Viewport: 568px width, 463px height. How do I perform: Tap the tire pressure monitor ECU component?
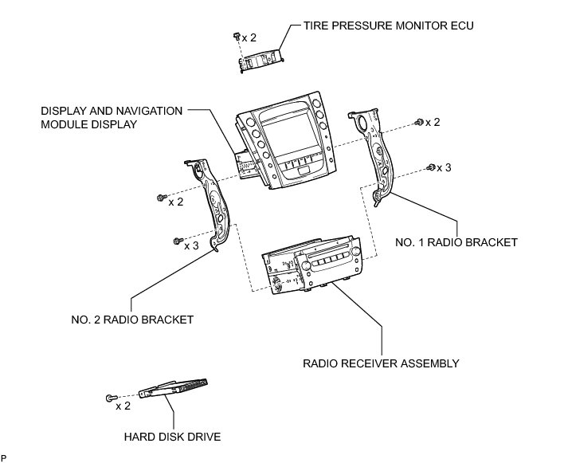[x=264, y=58]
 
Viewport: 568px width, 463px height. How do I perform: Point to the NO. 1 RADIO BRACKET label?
[x=456, y=241]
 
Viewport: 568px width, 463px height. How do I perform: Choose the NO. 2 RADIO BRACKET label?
[x=132, y=320]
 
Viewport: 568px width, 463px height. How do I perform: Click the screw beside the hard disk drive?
[x=111, y=397]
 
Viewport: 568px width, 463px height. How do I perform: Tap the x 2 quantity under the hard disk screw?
[x=123, y=406]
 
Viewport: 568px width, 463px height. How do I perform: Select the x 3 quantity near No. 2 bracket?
[x=191, y=245]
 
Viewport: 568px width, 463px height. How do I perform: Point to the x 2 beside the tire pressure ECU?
[x=249, y=37]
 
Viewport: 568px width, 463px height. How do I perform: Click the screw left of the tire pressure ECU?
[x=237, y=35]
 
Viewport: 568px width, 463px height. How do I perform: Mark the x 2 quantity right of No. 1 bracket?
[x=432, y=122]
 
